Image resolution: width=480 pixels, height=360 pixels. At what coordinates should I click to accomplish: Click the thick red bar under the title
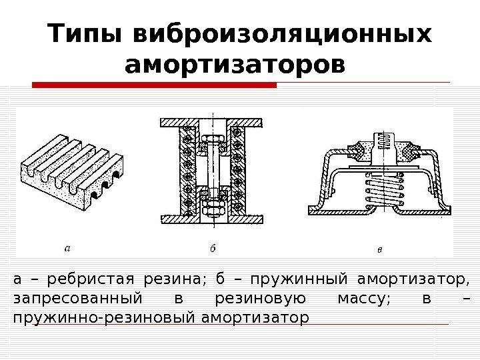[x=155, y=85]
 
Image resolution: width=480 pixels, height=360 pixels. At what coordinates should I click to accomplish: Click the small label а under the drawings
[x=67, y=247]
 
